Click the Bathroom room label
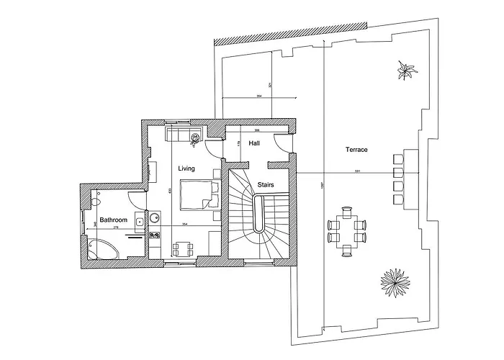click(x=114, y=220)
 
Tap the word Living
click(x=187, y=168)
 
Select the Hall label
click(x=254, y=144)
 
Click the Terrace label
click(x=356, y=150)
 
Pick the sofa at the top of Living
click(x=184, y=135)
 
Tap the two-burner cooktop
click(x=153, y=235)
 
